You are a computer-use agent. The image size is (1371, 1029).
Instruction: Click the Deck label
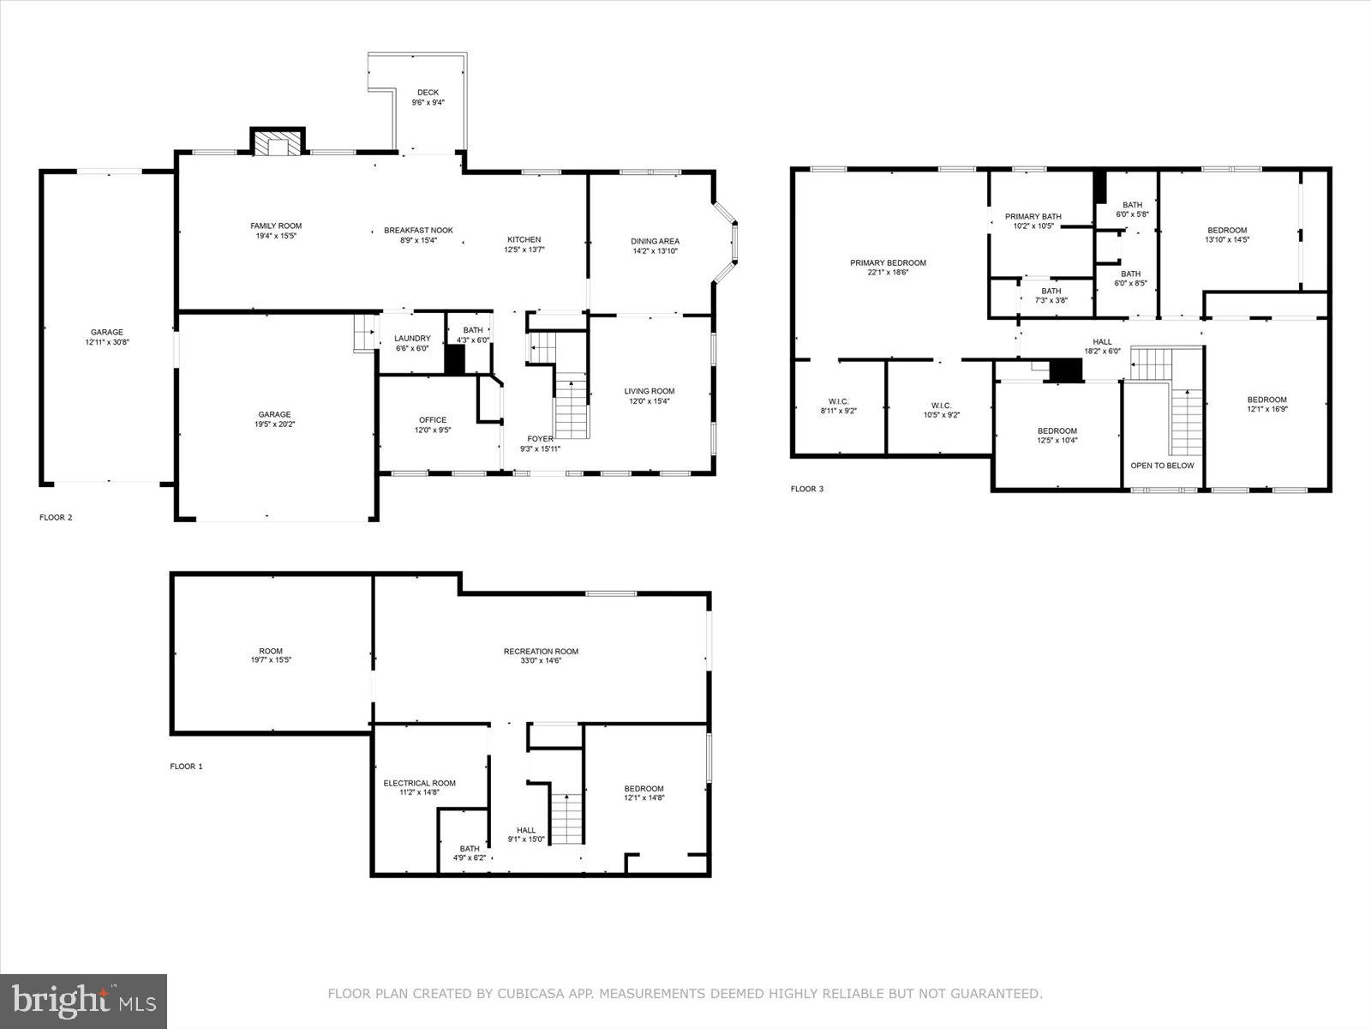tap(428, 93)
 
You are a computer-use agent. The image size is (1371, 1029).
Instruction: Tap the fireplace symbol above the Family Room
tap(278, 144)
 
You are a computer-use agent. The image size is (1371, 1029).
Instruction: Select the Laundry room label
tap(412, 339)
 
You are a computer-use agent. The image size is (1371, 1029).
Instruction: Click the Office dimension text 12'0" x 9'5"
tap(433, 430)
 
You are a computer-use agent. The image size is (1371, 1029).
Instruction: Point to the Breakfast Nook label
tap(418, 230)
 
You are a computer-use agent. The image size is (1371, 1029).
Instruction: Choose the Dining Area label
tap(655, 241)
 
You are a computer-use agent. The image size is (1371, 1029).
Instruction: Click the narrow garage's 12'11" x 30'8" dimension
tap(107, 342)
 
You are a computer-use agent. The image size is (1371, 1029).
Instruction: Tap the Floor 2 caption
tap(56, 517)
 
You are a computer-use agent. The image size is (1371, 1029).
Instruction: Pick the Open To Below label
tap(1162, 466)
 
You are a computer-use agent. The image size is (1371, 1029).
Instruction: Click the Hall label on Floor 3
tap(1102, 341)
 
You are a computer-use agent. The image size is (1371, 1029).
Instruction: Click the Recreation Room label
tap(541, 651)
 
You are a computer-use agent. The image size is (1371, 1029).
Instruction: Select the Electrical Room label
tap(419, 783)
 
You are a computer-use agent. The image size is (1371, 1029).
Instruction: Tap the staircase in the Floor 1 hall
tap(566, 818)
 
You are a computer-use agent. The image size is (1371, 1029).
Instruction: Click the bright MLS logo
tap(84, 1001)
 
